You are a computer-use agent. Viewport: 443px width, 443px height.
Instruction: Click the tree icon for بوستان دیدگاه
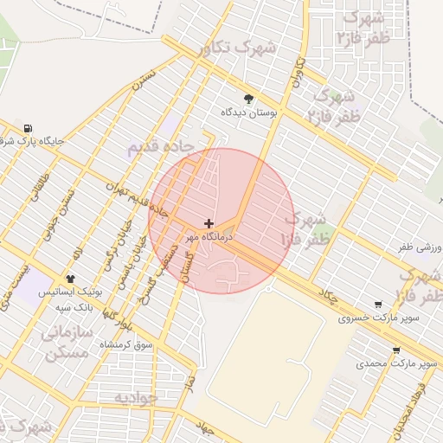pos(249,99)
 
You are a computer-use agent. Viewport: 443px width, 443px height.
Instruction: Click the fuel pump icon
pos(29,128)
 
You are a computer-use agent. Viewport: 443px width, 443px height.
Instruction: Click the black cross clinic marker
pos(209,223)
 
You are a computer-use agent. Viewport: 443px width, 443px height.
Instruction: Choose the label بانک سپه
pos(74,306)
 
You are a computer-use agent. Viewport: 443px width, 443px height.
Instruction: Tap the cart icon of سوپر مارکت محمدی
pos(396,351)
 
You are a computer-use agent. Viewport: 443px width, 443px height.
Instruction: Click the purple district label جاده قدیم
pos(157,146)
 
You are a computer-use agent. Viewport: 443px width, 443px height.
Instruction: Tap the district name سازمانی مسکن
pos(66,342)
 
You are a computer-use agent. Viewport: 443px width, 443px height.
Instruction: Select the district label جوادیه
pos(136,397)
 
